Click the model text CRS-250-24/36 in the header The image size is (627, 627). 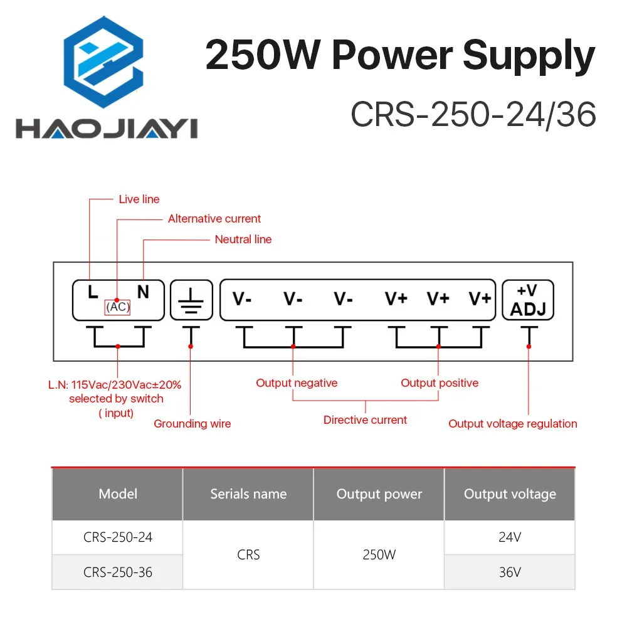pyautogui.click(x=473, y=115)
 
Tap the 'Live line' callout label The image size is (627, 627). pyautogui.click(x=139, y=199)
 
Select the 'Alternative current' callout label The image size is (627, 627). pyautogui.click(x=214, y=219)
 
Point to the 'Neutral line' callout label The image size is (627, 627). pyautogui.click(x=243, y=240)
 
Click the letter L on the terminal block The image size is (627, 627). pyautogui.click(x=92, y=292)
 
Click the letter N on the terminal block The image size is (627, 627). pyautogui.click(x=143, y=292)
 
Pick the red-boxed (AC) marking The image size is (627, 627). pyautogui.click(x=117, y=307)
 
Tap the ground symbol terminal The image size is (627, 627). pyautogui.click(x=191, y=300)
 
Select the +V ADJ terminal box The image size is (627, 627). pyautogui.click(x=528, y=300)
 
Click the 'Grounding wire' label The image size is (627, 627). pyautogui.click(x=192, y=424)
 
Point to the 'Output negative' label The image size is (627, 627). pyautogui.click(x=297, y=383)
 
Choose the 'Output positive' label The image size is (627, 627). pyautogui.click(x=440, y=383)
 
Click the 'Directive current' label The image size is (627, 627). pyautogui.click(x=365, y=420)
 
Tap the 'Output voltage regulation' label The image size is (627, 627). pyautogui.click(x=512, y=424)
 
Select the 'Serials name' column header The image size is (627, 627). pyautogui.click(x=248, y=494)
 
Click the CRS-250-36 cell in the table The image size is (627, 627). pyautogui.click(x=118, y=572)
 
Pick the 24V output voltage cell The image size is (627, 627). pyautogui.click(x=510, y=537)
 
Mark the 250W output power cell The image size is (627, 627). pyautogui.click(x=379, y=555)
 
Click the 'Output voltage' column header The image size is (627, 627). pyautogui.click(x=510, y=494)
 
